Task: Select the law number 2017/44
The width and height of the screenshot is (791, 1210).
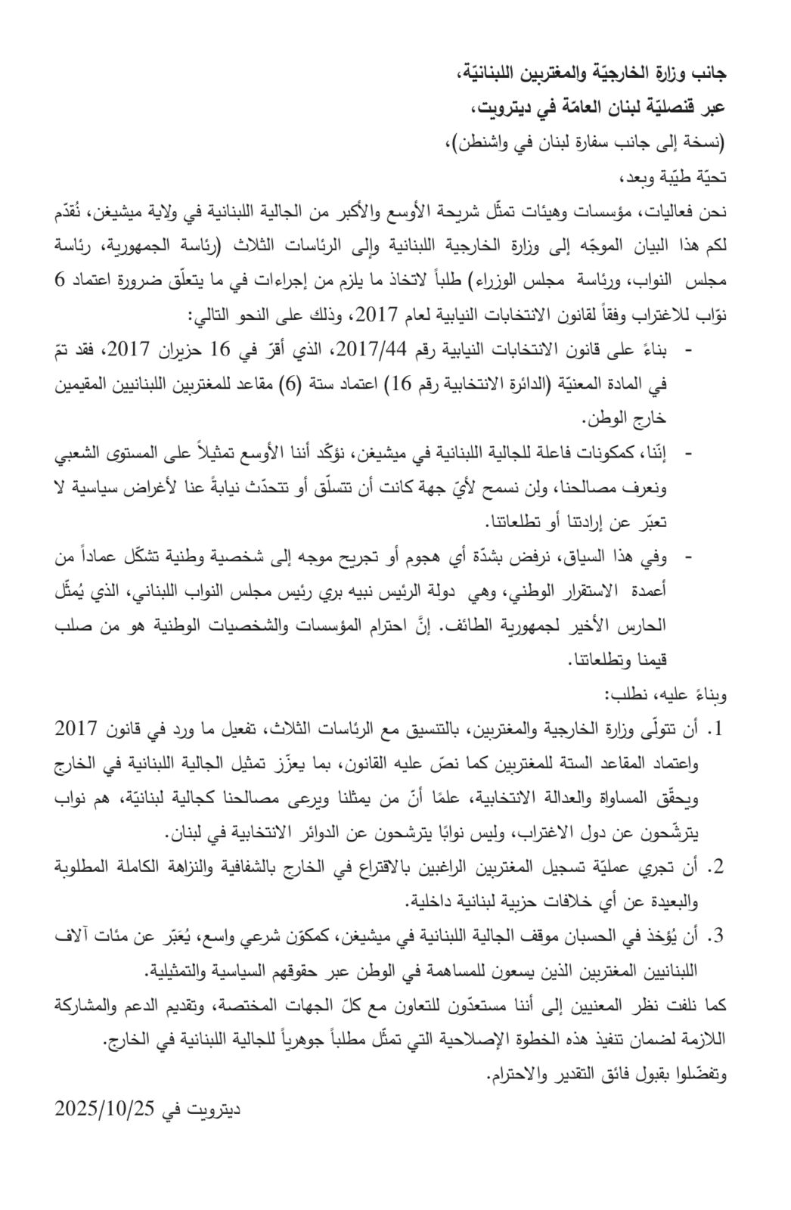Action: (366, 350)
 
